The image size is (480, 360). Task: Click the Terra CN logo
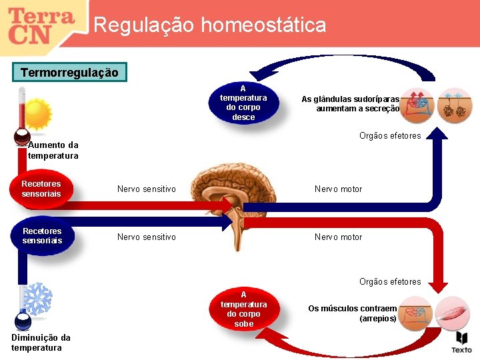pyautogui.click(x=41, y=25)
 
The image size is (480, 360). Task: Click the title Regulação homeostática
pyautogui.click(x=210, y=25)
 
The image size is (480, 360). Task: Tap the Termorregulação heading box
pyautogui.click(x=69, y=72)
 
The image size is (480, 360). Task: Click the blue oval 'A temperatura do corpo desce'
pyautogui.click(x=243, y=103)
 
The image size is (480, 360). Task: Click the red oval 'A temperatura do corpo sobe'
pyautogui.click(x=244, y=309)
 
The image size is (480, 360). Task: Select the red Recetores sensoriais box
pyautogui.click(x=41, y=189)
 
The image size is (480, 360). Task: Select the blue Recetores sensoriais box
pyautogui.click(x=42, y=236)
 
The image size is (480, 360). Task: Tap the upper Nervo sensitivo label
pyautogui.click(x=147, y=189)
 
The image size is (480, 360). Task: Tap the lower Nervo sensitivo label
pyautogui.click(x=147, y=237)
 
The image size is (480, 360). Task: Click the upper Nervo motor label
pyautogui.click(x=338, y=189)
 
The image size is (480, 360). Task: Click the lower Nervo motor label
pyautogui.click(x=338, y=237)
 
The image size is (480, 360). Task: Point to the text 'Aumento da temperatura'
pyautogui.click(x=53, y=150)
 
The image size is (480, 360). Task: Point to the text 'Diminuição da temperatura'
pyautogui.click(x=41, y=343)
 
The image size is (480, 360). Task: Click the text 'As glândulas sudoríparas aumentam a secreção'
pyautogui.click(x=351, y=103)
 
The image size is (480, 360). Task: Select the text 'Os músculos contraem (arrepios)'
pyautogui.click(x=352, y=313)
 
